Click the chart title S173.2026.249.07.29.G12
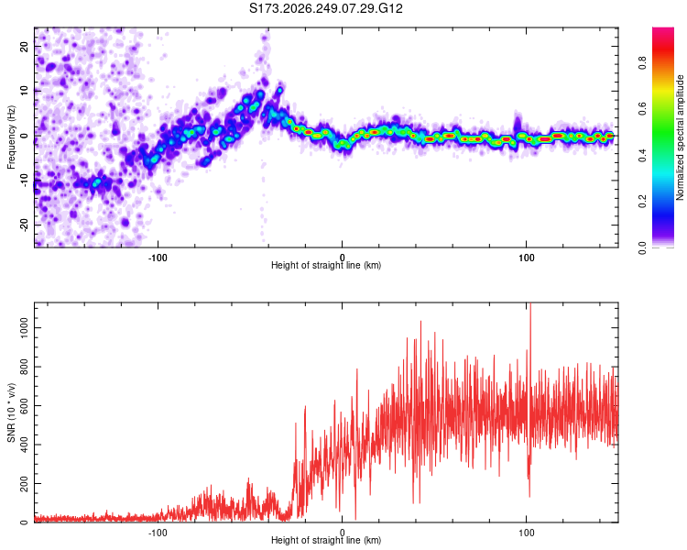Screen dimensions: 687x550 (x=325, y=8)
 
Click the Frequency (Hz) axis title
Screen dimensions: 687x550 (x=11, y=137)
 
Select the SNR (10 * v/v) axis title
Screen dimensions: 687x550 (x=11, y=412)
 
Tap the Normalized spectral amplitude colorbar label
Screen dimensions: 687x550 (x=680, y=137)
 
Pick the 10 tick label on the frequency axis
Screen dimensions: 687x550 (x=25, y=91)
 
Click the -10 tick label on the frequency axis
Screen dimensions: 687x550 (x=25, y=181)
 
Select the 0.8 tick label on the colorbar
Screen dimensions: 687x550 (x=642, y=62)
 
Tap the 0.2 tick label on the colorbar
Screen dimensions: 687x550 (x=642, y=202)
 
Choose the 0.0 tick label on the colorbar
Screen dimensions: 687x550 (x=642, y=247)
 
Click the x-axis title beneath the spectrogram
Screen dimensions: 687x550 (x=326, y=265)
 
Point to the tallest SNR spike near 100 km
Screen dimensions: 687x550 (x=530, y=303)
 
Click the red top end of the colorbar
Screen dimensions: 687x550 (x=663, y=30)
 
